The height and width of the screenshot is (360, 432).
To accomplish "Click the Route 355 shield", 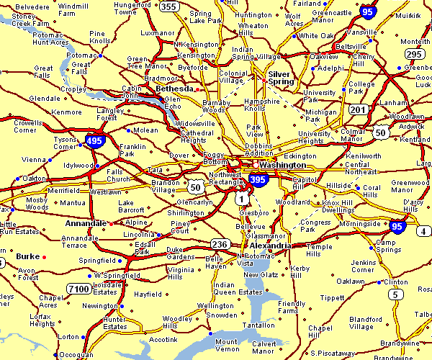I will [168, 7].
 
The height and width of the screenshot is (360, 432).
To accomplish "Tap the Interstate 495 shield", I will [93, 140].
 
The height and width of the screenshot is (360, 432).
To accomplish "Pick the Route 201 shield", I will [358, 109].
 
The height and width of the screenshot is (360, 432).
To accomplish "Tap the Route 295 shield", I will [413, 54].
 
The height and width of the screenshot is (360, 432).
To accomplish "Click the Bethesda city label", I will [174, 89].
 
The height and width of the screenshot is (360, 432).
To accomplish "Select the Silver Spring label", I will [281, 78].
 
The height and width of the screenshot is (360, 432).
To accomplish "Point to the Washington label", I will [282, 165].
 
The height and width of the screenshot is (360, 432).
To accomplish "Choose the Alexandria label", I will [271, 246].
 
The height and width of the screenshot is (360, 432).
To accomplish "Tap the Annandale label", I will [86, 223].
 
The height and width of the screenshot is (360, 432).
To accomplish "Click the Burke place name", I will [27, 256].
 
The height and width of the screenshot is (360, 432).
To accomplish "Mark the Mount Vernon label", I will [226, 346].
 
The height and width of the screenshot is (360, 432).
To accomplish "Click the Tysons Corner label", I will [65, 143].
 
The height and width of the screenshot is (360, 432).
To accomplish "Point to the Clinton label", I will [396, 282].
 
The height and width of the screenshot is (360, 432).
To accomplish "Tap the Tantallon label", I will [260, 325].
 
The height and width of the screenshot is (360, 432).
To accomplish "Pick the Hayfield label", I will [148, 294].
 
